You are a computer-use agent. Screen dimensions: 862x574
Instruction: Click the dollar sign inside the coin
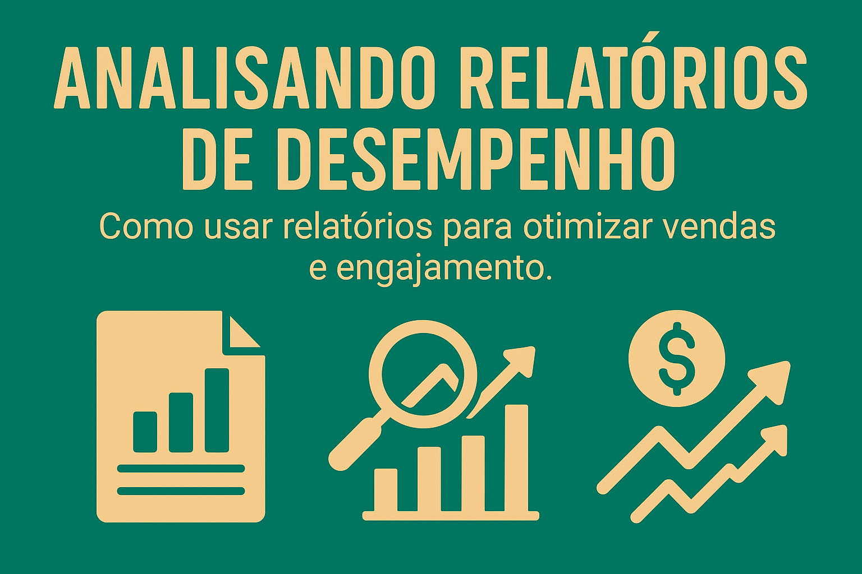point(676,358)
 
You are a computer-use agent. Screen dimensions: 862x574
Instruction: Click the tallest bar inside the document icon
point(217,410)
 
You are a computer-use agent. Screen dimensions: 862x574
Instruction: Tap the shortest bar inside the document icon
point(145,432)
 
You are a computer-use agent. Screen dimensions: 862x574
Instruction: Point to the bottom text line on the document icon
point(181,491)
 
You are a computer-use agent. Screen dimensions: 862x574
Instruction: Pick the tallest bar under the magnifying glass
point(517,459)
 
